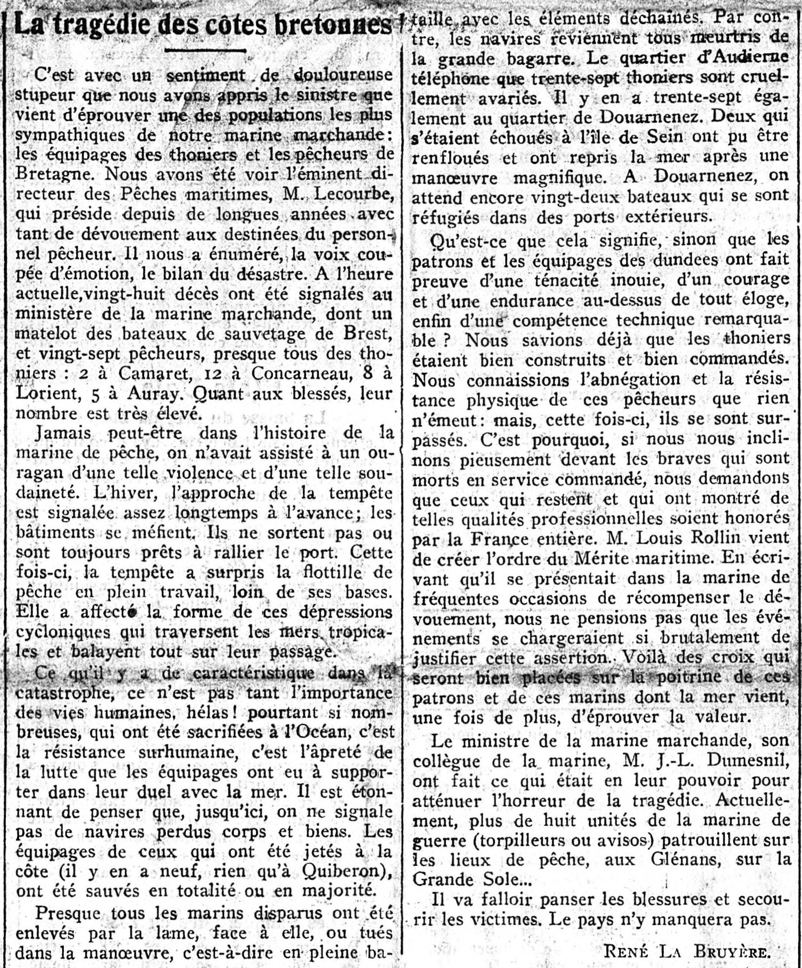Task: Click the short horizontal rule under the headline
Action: [205, 51]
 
